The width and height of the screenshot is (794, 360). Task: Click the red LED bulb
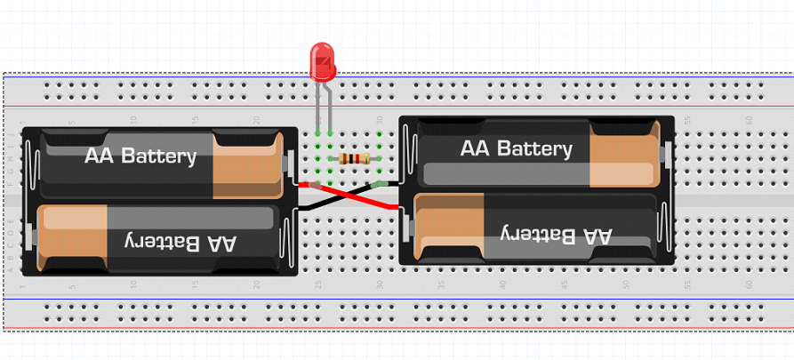322,61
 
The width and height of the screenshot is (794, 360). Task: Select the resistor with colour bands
355,159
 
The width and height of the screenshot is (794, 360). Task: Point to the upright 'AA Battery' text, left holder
140,156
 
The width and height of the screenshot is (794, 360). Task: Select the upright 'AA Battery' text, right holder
517,148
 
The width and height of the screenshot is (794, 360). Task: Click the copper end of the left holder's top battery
247,165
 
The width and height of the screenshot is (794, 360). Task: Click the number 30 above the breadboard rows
380,120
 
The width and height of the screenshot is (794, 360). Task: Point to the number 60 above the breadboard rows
749,120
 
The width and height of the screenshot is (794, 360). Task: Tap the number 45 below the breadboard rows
564,285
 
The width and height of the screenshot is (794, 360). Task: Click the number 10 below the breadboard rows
132,285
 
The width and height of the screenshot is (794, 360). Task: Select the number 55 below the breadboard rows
687,285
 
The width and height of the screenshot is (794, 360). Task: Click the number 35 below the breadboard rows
441,285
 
